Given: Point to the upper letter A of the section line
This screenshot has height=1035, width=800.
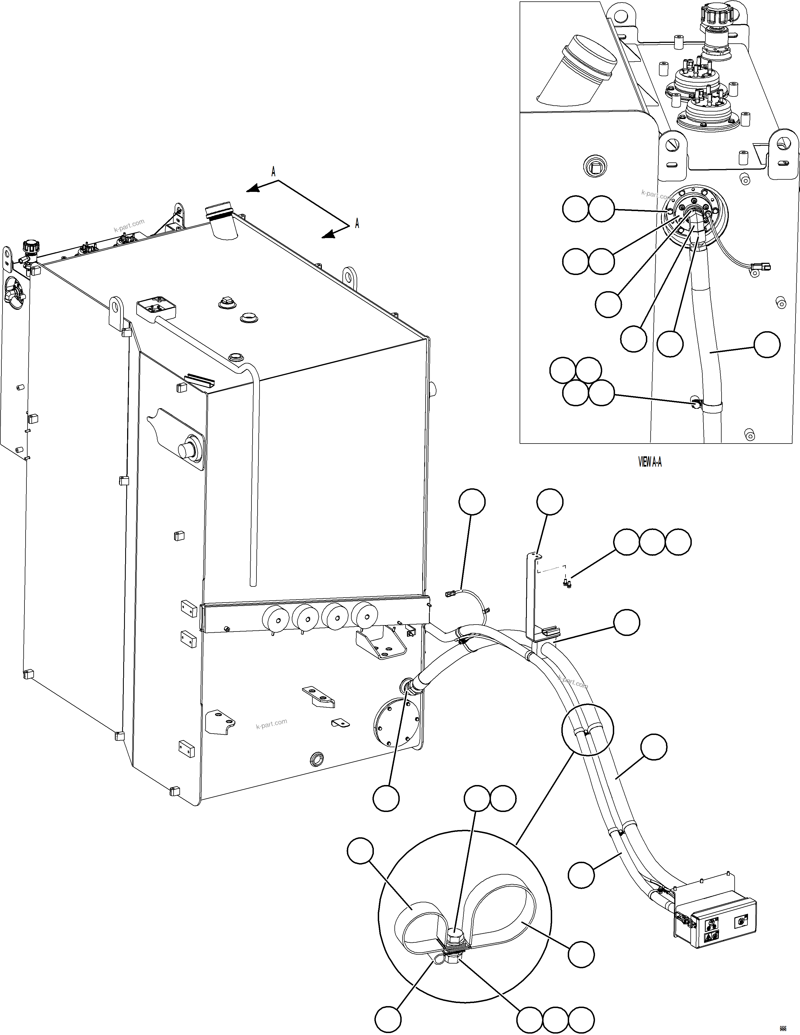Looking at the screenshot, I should click(273, 172).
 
